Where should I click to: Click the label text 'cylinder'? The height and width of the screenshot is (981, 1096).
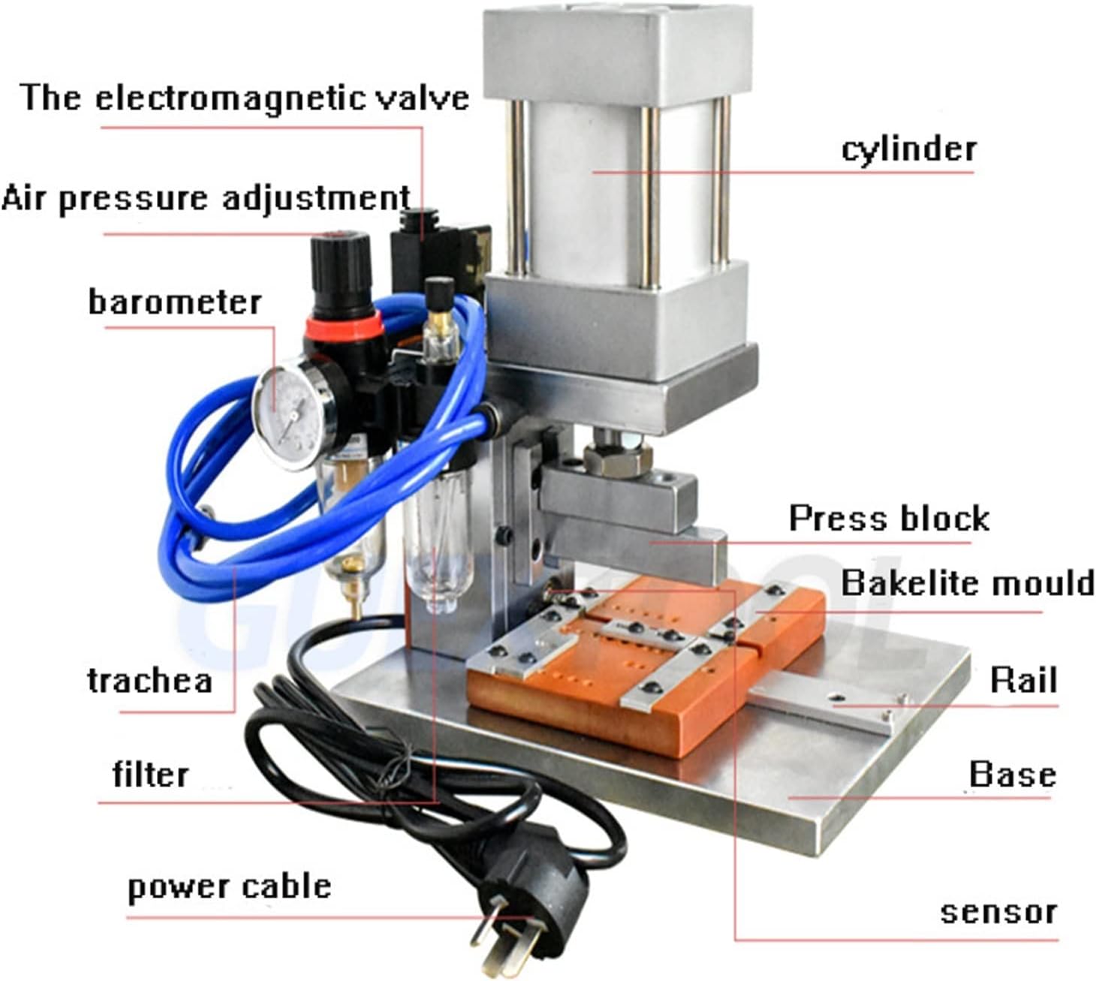point(908,149)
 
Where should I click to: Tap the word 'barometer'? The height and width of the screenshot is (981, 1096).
point(174,302)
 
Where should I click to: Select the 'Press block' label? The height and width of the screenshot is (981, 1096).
point(889,518)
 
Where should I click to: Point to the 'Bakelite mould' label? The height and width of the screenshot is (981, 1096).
point(967,583)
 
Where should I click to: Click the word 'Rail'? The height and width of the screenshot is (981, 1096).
point(1023,680)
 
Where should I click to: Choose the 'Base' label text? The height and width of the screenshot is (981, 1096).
point(1012,775)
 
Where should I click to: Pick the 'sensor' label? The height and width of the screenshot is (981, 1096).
point(998,913)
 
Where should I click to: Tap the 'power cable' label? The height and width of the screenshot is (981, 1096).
point(229,886)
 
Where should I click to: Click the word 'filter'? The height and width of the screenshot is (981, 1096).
point(150,775)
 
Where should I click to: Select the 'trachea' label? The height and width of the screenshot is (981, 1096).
point(149,681)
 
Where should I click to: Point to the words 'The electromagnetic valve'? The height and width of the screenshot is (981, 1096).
point(245,98)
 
